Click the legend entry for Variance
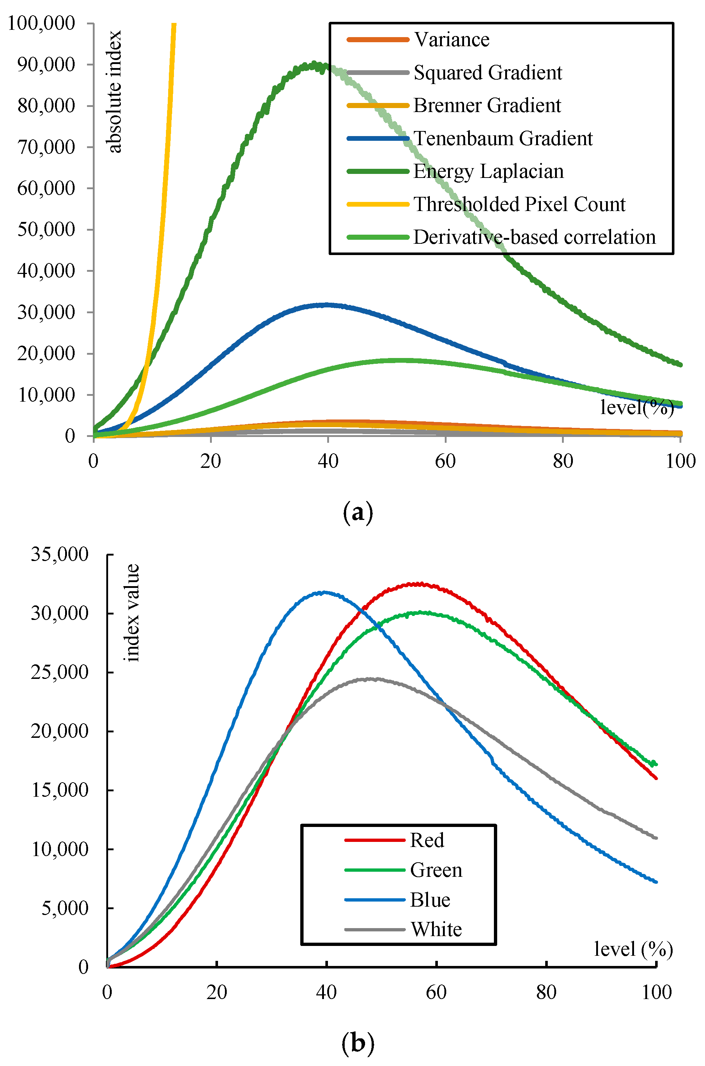(x=451, y=40)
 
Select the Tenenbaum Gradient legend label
(x=503, y=138)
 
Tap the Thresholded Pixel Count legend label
(x=519, y=204)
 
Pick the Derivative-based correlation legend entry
(x=534, y=237)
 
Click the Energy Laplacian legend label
(x=488, y=171)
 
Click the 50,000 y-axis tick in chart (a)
(x=46, y=229)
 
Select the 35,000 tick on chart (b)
(x=59, y=554)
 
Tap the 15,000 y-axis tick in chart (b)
(x=59, y=790)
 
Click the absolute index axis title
(x=114, y=92)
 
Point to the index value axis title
(x=132, y=613)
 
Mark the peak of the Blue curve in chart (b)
(x=324, y=592)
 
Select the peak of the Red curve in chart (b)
(x=419, y=584)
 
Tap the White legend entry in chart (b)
(x=436, y=929)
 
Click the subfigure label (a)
(x=357, y=512)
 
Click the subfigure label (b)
(x=357, y=1043)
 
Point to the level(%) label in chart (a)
(x=637, y=407)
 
